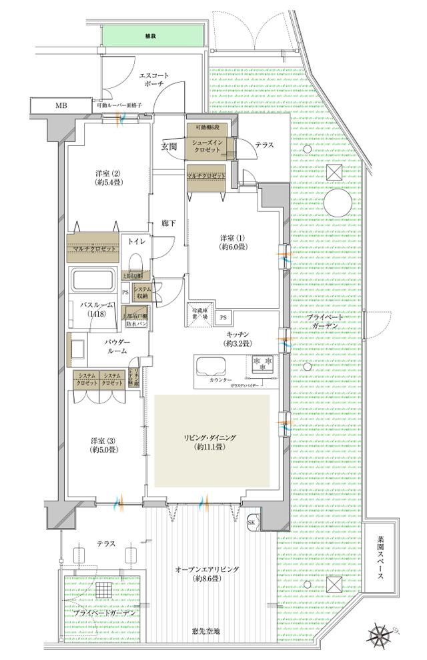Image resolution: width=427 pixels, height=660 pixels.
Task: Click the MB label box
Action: pos(61,106)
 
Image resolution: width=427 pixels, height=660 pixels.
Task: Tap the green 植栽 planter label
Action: pos(150,36)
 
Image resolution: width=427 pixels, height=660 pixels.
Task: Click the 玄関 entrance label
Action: pos(169,147)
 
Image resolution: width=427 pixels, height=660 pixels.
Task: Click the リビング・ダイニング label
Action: pos(211,441)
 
